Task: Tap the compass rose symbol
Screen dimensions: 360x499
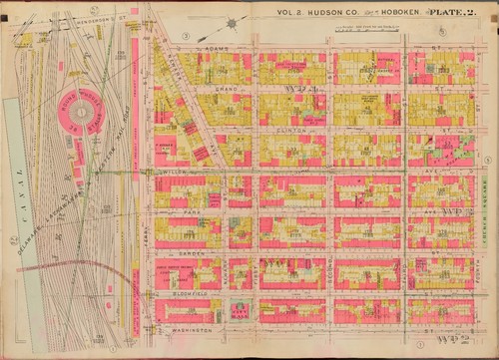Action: pyautogui.click(x=232, y=22)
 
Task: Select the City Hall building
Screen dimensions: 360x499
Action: pyautogui.click(x=241, y=310)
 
